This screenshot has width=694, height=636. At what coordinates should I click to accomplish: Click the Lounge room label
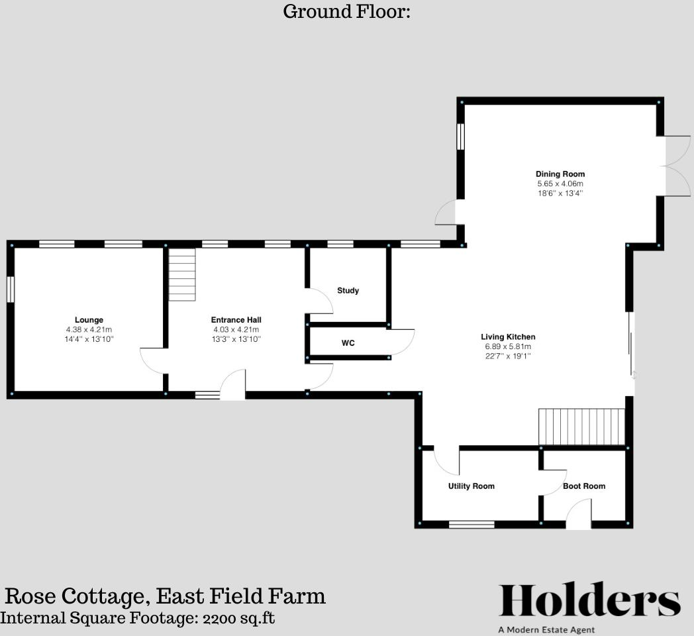pos(89,320)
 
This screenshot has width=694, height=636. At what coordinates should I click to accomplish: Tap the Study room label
pos(348,290)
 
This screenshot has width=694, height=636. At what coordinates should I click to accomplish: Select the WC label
pos(348,343)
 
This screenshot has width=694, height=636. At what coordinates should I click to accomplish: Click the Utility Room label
pos(471,486)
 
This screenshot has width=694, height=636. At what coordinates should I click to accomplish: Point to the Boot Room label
pos(584,486)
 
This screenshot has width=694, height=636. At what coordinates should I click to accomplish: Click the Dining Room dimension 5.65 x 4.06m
pos(560,184)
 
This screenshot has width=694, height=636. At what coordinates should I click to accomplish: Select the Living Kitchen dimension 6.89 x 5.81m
pos(509,346)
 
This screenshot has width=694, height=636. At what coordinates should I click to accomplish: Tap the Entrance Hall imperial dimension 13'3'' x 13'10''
pos(236,339)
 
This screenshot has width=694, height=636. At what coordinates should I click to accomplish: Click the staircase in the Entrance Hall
pos(183,274)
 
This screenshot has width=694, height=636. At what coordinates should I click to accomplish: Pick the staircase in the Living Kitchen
pos(582,427)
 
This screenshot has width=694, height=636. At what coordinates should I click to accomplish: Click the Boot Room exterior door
pos(579,515)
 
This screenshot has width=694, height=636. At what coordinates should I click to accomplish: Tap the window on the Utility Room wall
pos(471,525)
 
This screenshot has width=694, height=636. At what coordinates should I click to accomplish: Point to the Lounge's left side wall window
pos(11,290)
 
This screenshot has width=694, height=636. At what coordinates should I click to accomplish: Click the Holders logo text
pos(589,601)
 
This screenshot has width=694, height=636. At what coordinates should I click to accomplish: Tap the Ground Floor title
pos(347,11)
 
